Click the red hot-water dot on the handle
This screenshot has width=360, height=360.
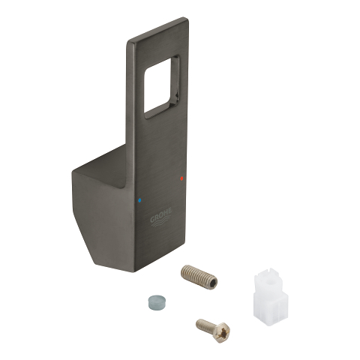click(x=181, y=178)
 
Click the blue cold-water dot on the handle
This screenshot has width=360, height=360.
click(x=139, y=200)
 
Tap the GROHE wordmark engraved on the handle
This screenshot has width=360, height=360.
click(x=161, y=214)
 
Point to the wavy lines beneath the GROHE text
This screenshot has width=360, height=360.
click(x=162, y=222)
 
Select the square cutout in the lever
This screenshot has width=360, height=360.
click(x=161, y=87)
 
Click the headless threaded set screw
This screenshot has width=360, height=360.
click(x=199, y=277)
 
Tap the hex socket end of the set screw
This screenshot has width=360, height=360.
click(x=212, y=283)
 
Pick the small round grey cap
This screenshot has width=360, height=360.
click(x=155, y=302)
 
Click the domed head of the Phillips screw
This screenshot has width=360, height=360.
click(x=223, y=331)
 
